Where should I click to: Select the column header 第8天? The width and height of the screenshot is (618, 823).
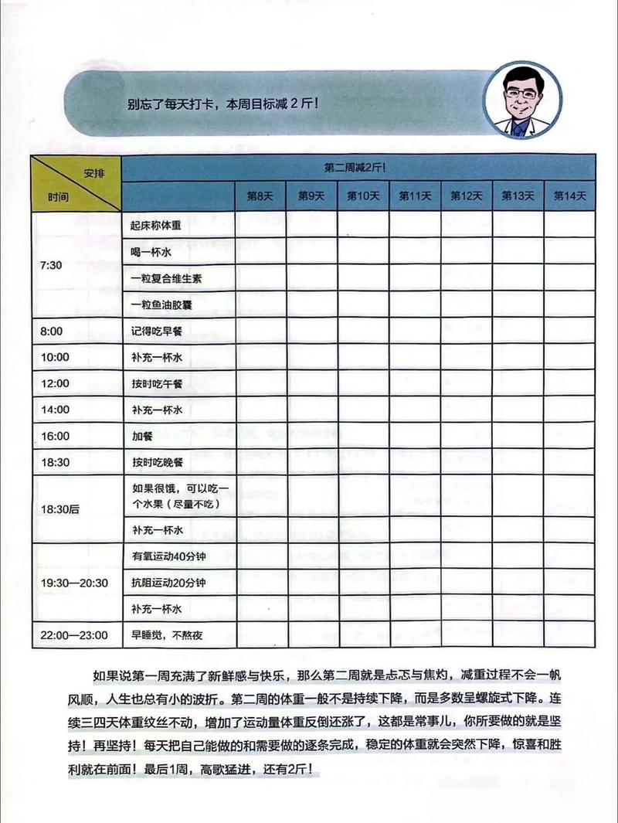pyautogui.click(x=260, y=196)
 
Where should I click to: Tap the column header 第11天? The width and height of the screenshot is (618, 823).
pyautogui.click(x=415, y=196)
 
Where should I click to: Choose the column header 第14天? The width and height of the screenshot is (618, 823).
pyautogui.click(x=570, y=196)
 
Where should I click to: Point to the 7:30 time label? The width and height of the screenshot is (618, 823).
pyautogui.click(x=51, y=264)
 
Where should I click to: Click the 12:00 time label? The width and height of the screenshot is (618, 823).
pyautogui.click(x=55, y=383)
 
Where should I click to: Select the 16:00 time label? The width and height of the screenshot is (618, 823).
pyautogui.click(x=55, y=436)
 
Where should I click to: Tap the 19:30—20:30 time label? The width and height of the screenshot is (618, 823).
pyautogui.click(x=74, y=582)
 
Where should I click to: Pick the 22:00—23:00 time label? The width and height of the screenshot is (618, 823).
pyautogui.click(x=74, y=635)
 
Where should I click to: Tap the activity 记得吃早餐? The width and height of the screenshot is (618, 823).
pyautogui.click(x=155, y=331)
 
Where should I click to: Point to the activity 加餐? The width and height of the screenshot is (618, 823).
pyautogui.click(x=142, y=436)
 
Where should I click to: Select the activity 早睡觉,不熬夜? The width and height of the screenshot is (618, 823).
pyautogui.click(x=166, y=635)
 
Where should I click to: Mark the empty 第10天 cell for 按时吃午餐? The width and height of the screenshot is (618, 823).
pyautogui.click(x=364, y=383)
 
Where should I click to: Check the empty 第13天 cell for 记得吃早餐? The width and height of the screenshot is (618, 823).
pyautogui.click(x=518, y=331)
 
